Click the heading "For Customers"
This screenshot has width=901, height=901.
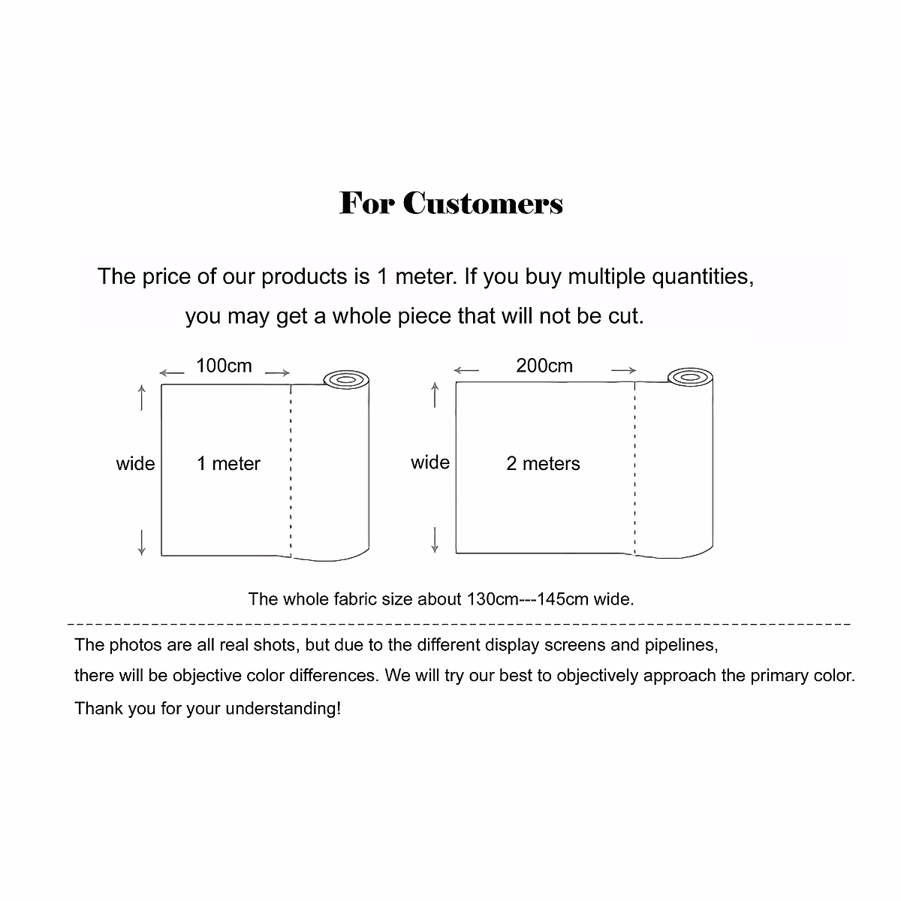450,203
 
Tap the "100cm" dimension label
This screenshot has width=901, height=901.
224,366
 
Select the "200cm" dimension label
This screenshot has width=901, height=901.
544,366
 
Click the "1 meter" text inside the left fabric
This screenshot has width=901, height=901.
228,464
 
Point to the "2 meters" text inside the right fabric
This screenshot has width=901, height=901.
543,464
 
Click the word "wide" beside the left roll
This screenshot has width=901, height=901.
135,464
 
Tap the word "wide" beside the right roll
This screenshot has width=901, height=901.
429,463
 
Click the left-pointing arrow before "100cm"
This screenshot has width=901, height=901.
172,372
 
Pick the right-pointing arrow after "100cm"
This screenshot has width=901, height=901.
278,372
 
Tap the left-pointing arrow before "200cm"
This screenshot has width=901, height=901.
466,370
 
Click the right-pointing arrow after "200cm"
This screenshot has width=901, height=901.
623,370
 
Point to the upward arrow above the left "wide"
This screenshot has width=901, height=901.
142,397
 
